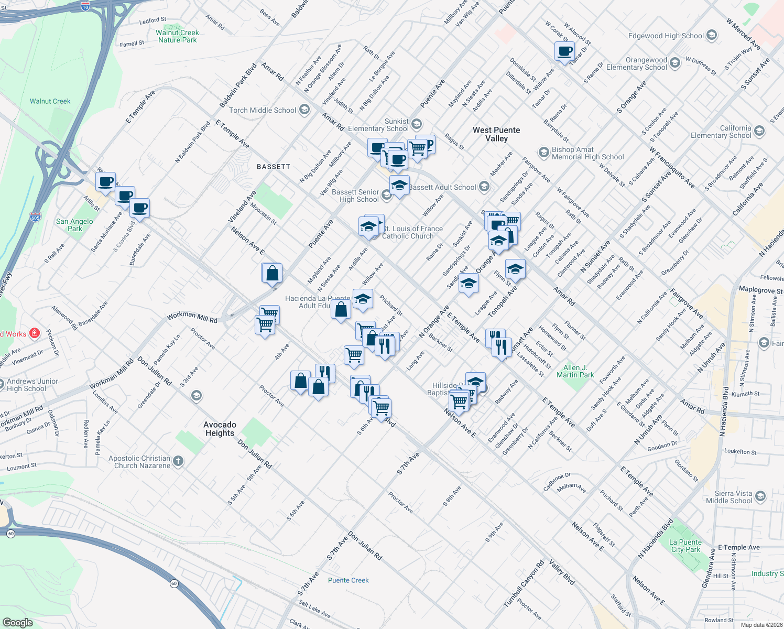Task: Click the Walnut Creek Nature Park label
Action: click(x=178, y=36)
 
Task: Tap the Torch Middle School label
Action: click(x=263, y=110)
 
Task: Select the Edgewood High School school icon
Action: click(x=712, y=36)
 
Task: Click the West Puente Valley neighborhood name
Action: click(x=496, y=134)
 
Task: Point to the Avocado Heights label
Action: click(x=220, y=429)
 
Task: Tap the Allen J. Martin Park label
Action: click(x=575, y=371)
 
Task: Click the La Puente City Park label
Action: click(x=685, y=546)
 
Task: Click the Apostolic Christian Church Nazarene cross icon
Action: click(x=178, y=461)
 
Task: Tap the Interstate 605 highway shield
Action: click(x=35, y=217)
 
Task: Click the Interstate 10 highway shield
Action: click(x=85, y=6)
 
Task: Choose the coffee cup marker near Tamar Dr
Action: click(x=564, y=52)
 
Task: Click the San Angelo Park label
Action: click(x=74, y=225)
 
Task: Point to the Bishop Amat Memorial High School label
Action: click(x=587, y=153)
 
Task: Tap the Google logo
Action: click(x=18, y=622)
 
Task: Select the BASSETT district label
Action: click(x=274, y=167)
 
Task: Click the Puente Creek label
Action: click(x=348, y=580)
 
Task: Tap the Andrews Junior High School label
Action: click(x=32, y=385)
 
